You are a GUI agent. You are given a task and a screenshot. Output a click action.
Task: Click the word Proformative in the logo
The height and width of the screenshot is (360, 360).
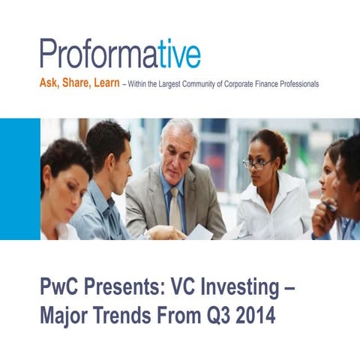pyautogui.click(x=120, y=54)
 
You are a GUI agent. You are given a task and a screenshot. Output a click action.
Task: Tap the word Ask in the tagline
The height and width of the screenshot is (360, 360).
pyautogui.click(x=48, y=84)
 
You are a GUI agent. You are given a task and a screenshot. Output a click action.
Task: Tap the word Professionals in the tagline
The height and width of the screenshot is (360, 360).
pyautogui.click(x=295, y=85)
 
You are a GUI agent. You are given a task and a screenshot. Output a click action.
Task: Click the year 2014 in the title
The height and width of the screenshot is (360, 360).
pyautogui.click(x=258, y=316)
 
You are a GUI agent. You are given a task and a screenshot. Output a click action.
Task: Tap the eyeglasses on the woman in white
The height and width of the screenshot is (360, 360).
pyautogui.click(x=256, y=163)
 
